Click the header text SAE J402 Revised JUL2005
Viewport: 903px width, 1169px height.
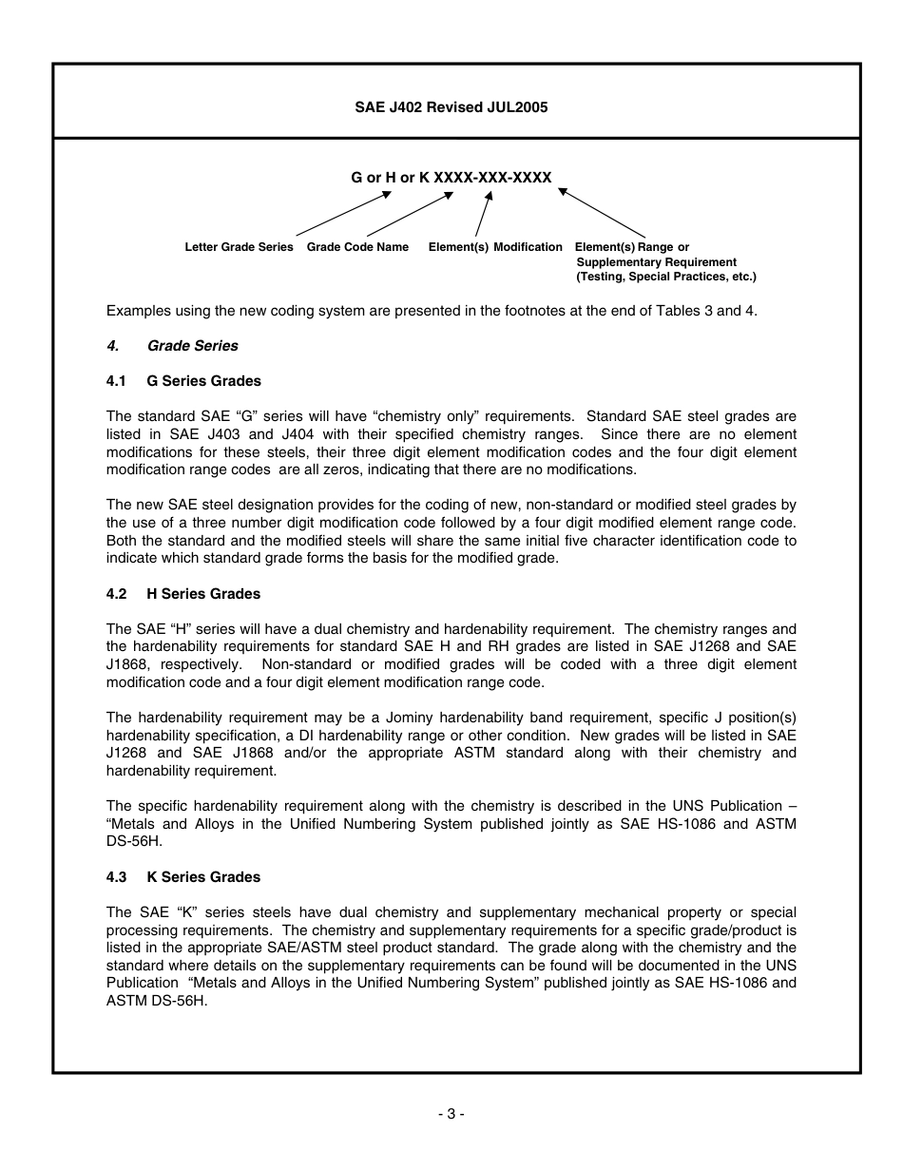pyautogui.click(x=451, y=107)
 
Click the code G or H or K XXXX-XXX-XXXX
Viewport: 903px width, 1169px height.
pyautogui.click(x=451, y=178)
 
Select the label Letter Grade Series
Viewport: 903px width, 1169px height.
pyautogui.click(x=239, y=247)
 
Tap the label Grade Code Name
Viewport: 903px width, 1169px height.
pyautogui.click(x=357, y=247)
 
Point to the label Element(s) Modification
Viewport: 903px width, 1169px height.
pyautogui.click(x=495, y=247)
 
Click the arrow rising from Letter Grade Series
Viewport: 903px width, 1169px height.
pyautogui.click(x=343, y=214)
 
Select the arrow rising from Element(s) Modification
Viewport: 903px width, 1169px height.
pyautogui.click(x=484, y=214)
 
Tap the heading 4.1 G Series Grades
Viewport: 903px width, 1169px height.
pyautogui.click(x=183, y=381)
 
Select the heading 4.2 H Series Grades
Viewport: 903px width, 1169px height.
pyautogui.click(x=183, y=594)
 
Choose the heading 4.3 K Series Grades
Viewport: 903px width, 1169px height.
pyautogui.click(x=183, y=877)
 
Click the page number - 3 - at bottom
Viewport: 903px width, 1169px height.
pyautogui.click(x=451, y=1114)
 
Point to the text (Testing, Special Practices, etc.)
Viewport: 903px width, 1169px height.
pyautogui.click(x=665, y=277)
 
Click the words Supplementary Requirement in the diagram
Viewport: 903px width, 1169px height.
pyautogui.click(x=656, y=262)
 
